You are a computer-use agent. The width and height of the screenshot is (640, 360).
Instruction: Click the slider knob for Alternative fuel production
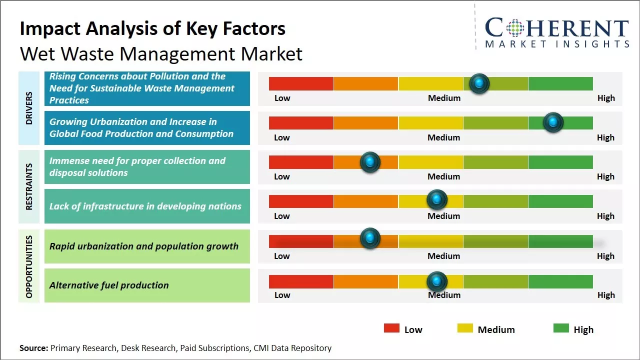point(437,281)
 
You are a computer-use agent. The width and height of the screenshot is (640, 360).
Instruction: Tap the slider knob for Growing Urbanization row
point(553,122)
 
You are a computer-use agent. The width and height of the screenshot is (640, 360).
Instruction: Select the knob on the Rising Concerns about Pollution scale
point(479,83)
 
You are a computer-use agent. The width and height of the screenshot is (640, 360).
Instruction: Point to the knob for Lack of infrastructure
point(437,200)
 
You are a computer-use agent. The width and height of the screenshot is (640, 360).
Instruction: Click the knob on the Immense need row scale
point(370,161)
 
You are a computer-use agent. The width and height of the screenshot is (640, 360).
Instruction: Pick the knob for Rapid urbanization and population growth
point(370,238)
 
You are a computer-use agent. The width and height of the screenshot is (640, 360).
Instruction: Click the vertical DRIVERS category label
point(29,108)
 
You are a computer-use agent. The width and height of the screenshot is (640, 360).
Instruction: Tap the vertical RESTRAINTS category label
point(29,186)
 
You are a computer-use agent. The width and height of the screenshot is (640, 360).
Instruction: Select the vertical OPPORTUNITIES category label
point(29,266)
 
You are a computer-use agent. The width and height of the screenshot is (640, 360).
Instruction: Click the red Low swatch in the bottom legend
point(391,328)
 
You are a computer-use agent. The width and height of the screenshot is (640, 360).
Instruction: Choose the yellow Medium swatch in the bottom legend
point(465,328)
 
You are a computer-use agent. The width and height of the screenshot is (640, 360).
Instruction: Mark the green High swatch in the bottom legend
point(561,328)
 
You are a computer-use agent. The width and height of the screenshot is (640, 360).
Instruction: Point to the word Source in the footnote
point(33,348)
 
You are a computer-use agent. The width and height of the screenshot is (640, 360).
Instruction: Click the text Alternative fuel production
point(109,285)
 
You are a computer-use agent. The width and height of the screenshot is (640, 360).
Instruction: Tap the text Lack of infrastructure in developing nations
point(145,206)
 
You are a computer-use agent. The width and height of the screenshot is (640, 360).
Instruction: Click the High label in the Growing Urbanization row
point(605,137)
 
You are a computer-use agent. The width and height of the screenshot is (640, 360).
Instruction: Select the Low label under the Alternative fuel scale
point(282,295)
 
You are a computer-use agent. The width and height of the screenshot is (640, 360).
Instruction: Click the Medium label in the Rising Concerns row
point(444,98)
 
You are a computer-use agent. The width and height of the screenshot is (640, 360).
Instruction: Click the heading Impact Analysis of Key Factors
point(152,29)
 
